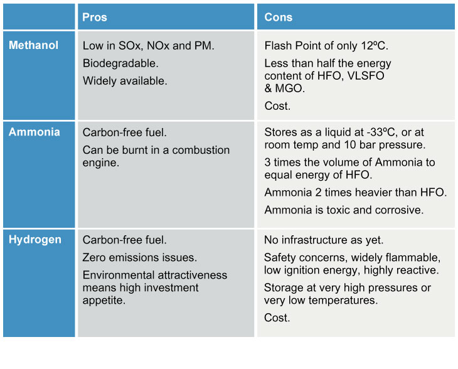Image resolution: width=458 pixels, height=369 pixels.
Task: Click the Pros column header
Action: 95,17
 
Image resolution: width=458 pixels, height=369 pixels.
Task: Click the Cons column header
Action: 279,17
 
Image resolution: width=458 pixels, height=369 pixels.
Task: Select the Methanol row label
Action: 34,45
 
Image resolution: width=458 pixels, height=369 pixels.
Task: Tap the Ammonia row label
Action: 35,132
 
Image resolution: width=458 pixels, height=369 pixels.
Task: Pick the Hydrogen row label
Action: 35,240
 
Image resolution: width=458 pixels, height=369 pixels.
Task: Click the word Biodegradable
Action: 120,63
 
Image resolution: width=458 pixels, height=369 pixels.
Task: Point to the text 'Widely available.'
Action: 125,81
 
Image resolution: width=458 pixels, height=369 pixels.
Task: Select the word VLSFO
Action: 366,76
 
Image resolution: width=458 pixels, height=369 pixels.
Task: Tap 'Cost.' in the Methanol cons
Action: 277,106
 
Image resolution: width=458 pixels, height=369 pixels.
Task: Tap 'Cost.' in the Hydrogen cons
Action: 277,318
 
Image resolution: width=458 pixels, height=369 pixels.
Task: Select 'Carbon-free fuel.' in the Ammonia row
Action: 125,132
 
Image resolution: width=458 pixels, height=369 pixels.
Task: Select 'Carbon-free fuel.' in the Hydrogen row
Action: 125,240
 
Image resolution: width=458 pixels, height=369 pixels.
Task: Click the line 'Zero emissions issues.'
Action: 140,258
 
